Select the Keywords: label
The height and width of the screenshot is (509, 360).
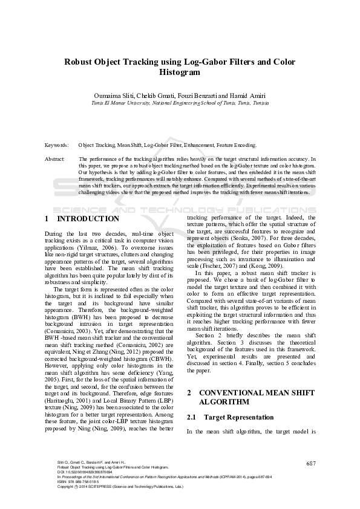coord(56,146)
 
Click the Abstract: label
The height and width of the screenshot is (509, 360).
coord(54,159)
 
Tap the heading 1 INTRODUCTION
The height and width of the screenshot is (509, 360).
coord(82,219)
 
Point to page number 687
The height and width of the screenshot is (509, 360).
coord(311,464)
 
